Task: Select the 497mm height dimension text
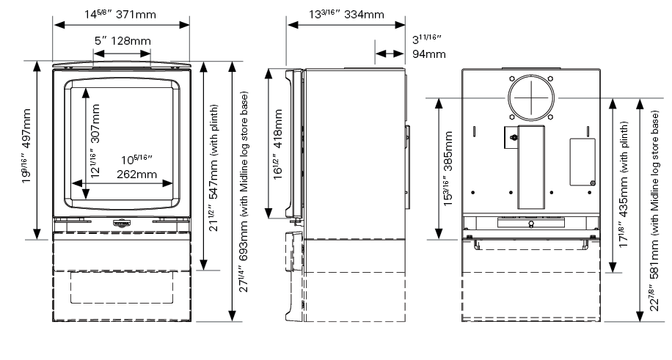tap(26, 150)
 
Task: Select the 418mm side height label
tap(277, 148)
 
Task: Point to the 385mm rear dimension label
tap(448, 169)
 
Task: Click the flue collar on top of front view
tap(122, 63)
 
